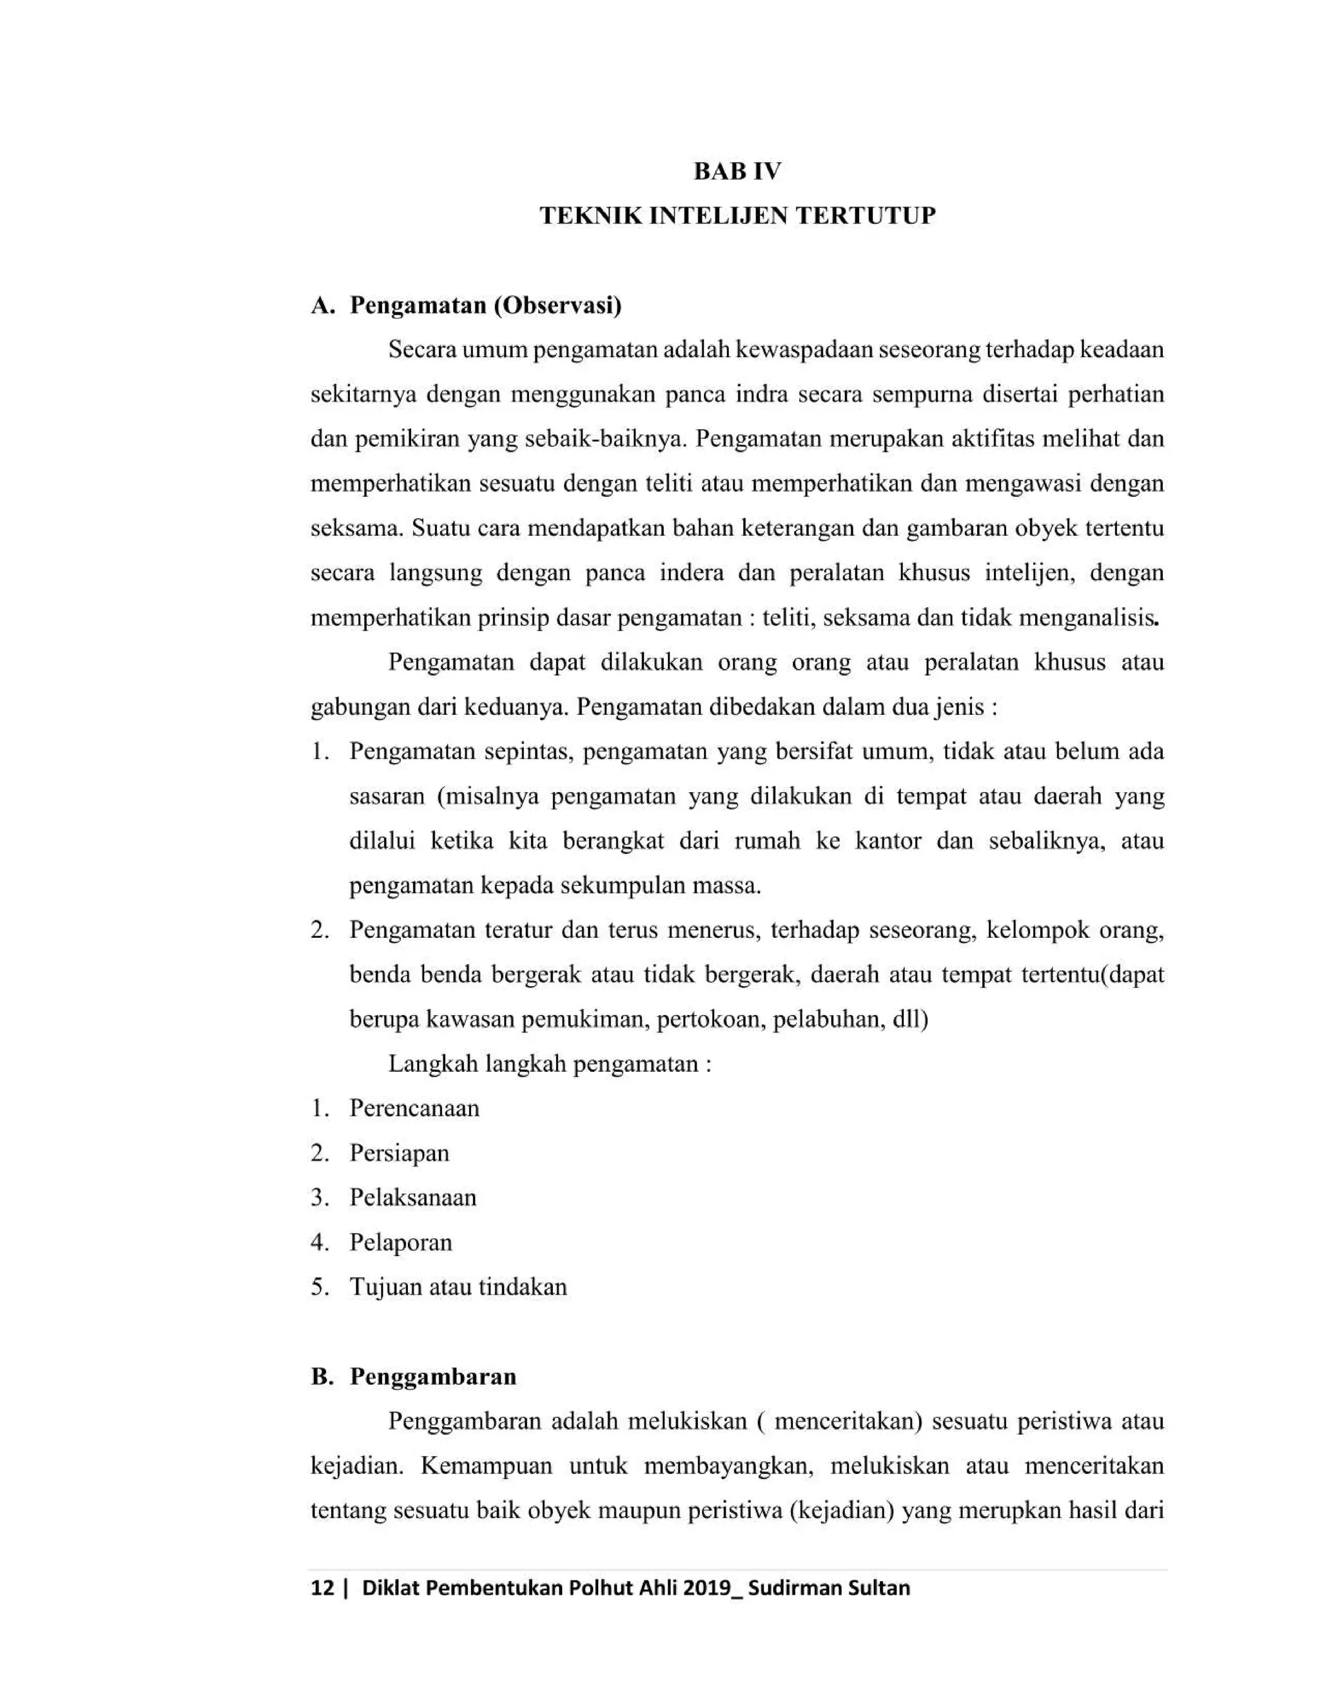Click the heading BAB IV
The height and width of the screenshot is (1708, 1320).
(737, 171)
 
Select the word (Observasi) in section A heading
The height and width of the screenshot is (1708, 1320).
(558, 305)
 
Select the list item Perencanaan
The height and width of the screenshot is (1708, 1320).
(414, 1108)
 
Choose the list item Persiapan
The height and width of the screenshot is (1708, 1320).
(399, 1153)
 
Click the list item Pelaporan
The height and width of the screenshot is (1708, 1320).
(400, 1242)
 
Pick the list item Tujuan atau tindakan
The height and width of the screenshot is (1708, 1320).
(458, 1286)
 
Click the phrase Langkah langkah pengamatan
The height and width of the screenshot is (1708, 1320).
(549, 1063)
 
